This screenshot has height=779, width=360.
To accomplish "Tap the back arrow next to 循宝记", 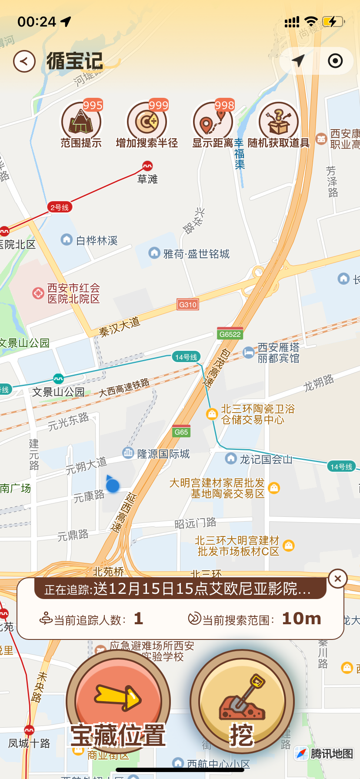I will [x=24, y=61].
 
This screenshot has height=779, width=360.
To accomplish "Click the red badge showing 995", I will [x=93, y=105].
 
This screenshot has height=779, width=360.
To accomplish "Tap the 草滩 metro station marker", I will [x=147, y=166].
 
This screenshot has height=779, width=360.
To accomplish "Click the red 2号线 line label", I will [x=59, y=207].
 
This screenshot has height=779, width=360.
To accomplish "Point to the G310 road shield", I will [x=188, y=305].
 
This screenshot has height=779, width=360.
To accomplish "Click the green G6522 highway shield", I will [x=230, y=334].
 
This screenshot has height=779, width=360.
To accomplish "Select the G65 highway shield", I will [x=181, y=432].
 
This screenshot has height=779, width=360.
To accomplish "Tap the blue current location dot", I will [x=113, y=485].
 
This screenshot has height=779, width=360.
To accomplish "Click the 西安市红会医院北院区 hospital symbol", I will [x=38, y=293].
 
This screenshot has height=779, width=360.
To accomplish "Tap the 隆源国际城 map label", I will [x=163, y=454].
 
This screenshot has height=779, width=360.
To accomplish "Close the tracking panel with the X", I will [x=338, y=579].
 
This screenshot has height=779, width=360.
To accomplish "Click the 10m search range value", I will [x=301, y=619].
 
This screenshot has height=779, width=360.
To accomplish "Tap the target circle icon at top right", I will [x=335, y=61].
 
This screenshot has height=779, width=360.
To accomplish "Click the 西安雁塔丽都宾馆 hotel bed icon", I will [x=248, y=353].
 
